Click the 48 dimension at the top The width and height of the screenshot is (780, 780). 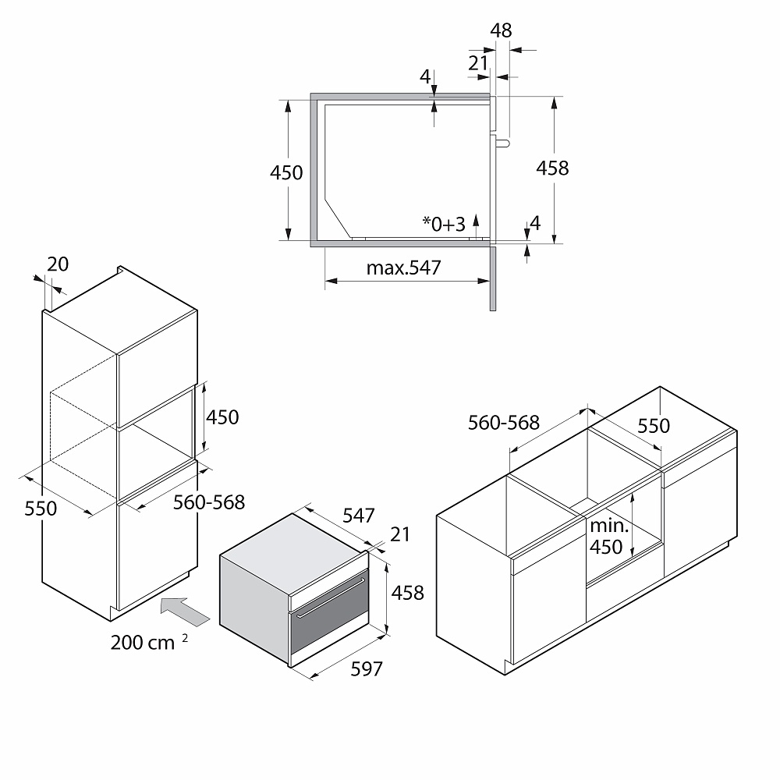pos(501,30)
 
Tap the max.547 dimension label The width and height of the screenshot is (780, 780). pos(403,268)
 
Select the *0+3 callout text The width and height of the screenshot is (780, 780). pos(444,224)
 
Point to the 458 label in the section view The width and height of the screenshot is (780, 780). pos(552,168)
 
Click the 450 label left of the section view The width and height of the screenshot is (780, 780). pos(286,172)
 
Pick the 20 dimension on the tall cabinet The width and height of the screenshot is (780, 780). pos(58,264)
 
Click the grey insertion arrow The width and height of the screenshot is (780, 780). pos(185,612)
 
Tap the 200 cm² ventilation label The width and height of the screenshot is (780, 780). pos(149,642)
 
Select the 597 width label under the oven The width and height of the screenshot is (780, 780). pos(367,669)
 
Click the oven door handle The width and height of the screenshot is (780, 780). pos(330,598)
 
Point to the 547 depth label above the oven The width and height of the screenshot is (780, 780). pos(358,516)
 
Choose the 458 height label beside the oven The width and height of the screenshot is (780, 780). pos(407,593)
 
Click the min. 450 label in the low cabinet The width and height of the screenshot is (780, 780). pos(609,537)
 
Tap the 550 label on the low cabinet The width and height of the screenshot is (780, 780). pos(654,426)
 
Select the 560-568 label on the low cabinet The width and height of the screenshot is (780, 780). pos(503,423)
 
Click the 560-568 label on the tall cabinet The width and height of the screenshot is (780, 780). pos(209,502)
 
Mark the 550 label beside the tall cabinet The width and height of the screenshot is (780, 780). pos(41,509)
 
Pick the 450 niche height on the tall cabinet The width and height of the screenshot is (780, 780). pos(222,417)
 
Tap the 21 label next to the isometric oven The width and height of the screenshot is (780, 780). pos(400,534)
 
